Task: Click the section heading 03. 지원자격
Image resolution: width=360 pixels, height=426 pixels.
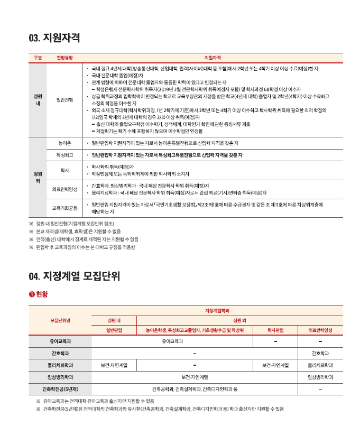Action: click(54, 38)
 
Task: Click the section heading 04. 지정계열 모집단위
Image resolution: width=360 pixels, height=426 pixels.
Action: click(75, 275)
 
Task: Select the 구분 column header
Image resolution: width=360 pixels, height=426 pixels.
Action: click(38, 57)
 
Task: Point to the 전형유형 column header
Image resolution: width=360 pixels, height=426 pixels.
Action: click(64, 57)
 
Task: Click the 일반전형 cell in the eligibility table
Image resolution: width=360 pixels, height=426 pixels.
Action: click(64, 99)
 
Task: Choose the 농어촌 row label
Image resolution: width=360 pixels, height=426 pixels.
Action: click(64, 143)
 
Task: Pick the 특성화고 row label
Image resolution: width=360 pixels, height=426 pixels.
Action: click(64, 155)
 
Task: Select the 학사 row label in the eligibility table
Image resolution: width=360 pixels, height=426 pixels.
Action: click(64, 170)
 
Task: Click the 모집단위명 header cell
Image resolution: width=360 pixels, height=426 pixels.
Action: click(60, 320)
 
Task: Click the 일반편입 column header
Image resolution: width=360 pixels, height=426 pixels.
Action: click(114, 330)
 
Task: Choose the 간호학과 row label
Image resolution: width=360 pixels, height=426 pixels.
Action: click(60, 353)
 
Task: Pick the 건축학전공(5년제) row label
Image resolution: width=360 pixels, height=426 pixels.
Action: click(60, 390)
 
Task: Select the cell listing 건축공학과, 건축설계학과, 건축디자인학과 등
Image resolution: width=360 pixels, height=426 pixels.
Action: click(195, 390)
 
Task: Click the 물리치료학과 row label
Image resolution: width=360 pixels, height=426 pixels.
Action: click(60, 365)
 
